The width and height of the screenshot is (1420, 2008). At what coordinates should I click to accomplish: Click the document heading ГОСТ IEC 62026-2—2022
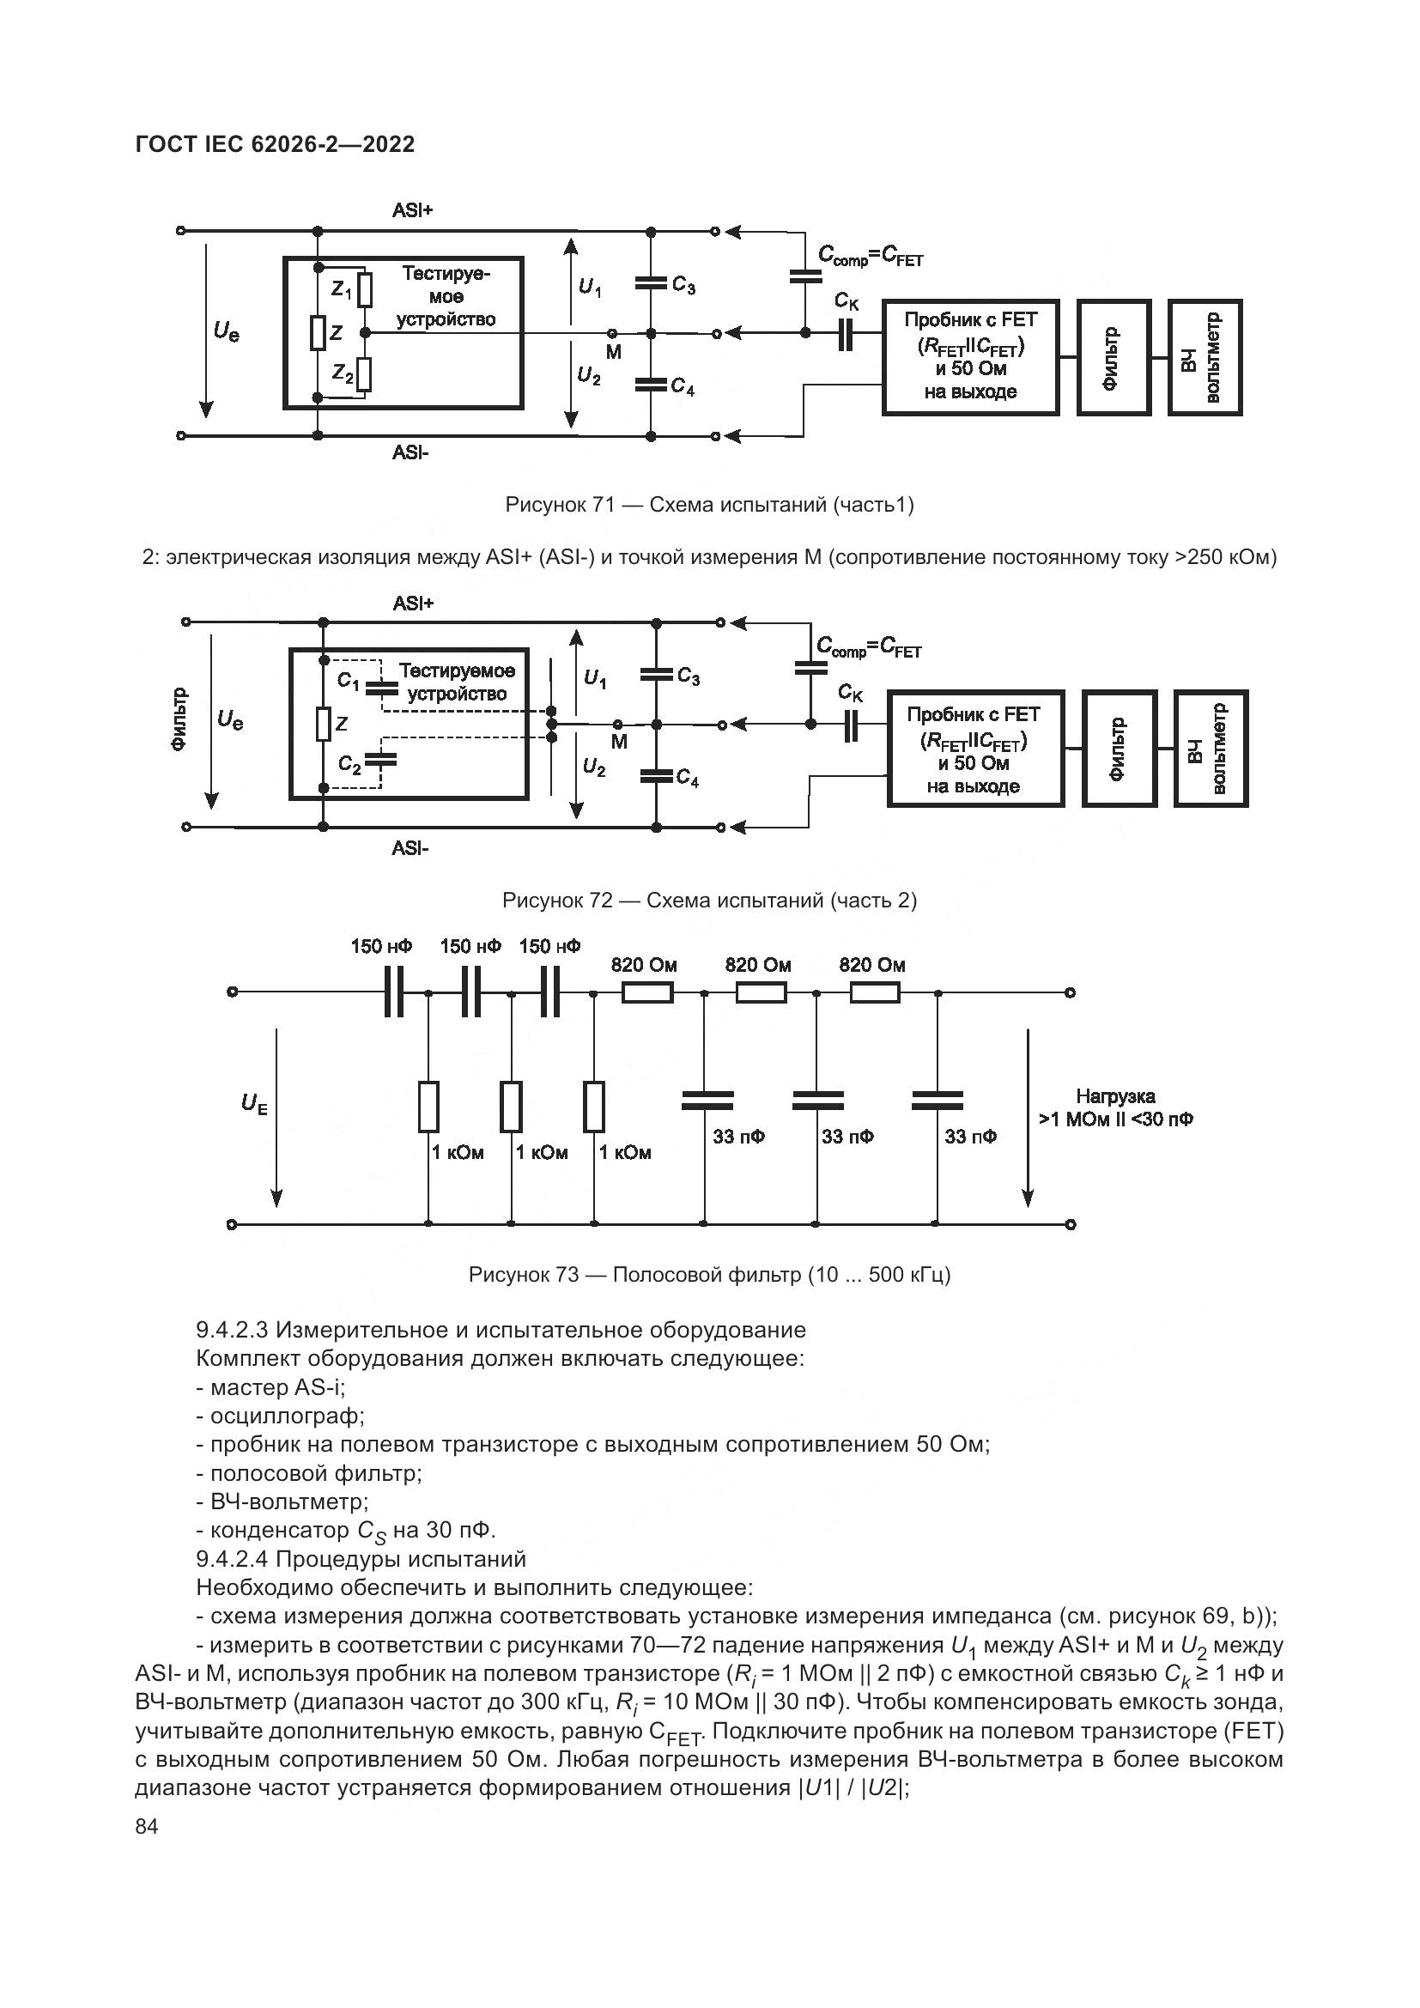coord(276,144)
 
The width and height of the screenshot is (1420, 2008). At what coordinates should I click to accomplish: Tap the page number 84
coord(147,1826)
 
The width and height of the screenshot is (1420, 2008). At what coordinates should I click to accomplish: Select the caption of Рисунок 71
coord(709,505)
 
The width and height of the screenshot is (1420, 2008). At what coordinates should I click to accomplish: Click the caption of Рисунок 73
coord(709,1274)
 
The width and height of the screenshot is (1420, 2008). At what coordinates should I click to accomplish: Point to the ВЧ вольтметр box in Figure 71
coord(1204,357)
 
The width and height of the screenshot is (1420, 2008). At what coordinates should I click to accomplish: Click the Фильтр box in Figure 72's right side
coord(1119,749)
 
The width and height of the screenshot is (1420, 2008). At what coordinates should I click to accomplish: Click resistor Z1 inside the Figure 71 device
coord(366,288)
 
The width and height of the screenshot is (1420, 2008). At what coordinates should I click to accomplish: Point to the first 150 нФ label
coord(381,946)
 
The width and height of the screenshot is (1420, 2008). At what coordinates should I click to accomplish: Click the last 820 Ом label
coord(871,965)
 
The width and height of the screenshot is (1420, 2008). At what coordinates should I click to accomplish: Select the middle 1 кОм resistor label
coord(541,1153)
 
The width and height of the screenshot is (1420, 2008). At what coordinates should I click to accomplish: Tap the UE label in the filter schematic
coord(254,1105)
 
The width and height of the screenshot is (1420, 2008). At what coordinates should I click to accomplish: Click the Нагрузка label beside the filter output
coord(1115,1096)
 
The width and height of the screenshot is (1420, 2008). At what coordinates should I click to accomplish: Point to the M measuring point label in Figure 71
coord(613,353)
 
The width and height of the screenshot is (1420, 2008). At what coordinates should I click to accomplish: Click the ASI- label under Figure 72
coord(410,847)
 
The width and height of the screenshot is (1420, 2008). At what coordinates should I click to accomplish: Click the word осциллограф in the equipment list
coord(287,1415)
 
